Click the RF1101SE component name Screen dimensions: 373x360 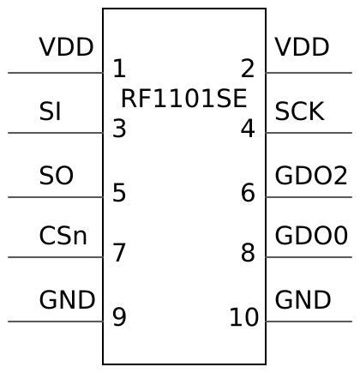[183, 99]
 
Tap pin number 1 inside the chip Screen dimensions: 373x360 [119, 69]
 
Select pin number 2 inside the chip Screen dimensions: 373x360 [248, 69]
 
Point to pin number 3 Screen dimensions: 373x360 [119, 129]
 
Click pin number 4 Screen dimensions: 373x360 [248, 129]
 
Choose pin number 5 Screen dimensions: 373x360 [119, 193]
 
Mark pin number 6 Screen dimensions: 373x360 [248, 193]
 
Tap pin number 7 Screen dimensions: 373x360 [119, 253]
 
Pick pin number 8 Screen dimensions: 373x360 [248, 253]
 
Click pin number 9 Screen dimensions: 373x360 [119, 317]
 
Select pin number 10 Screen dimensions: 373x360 [243, 317]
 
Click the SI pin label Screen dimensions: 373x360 [50, 111]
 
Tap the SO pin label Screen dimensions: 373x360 [56, 176]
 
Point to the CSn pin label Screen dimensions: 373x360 [63, 236]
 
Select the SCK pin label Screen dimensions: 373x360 [299, 111]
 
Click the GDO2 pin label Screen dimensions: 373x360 [311, 176]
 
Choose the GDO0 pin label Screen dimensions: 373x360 [311, 236]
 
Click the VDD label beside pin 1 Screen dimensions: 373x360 [66, 47]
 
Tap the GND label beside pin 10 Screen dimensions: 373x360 [303, 300]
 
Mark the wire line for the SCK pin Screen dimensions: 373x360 [309, 133]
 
